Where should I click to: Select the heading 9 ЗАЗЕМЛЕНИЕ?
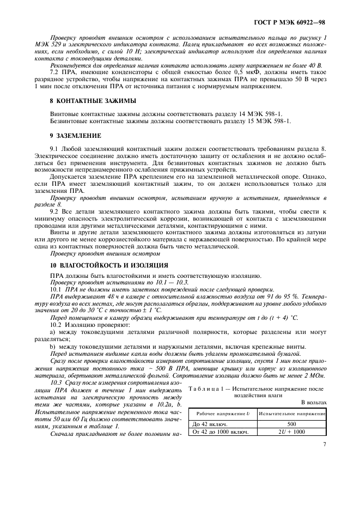click(72, 134)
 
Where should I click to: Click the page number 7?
click(325, 445)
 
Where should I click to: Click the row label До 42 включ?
click(211, 423)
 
